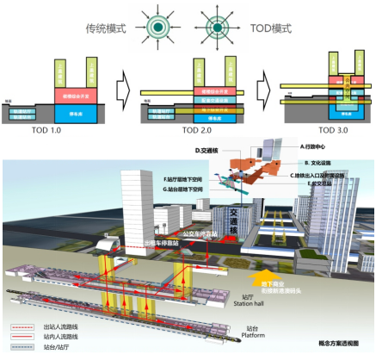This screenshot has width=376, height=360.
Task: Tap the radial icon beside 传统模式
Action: [x=158, y=23]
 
